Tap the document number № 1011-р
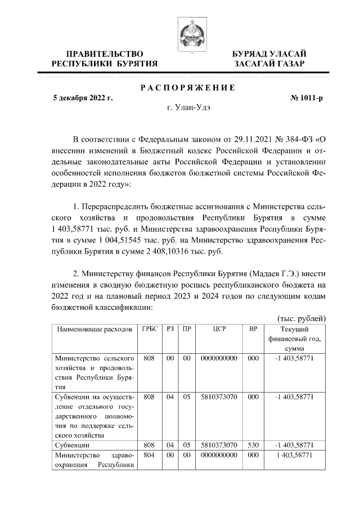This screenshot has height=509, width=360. point(307,98)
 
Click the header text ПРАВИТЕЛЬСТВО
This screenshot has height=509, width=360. point(105,53)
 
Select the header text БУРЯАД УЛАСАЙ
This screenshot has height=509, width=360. point(270,53)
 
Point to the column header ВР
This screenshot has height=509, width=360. point(253,329)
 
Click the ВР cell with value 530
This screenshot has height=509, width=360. point(253,445)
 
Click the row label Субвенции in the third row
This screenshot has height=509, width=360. point(70,445)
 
